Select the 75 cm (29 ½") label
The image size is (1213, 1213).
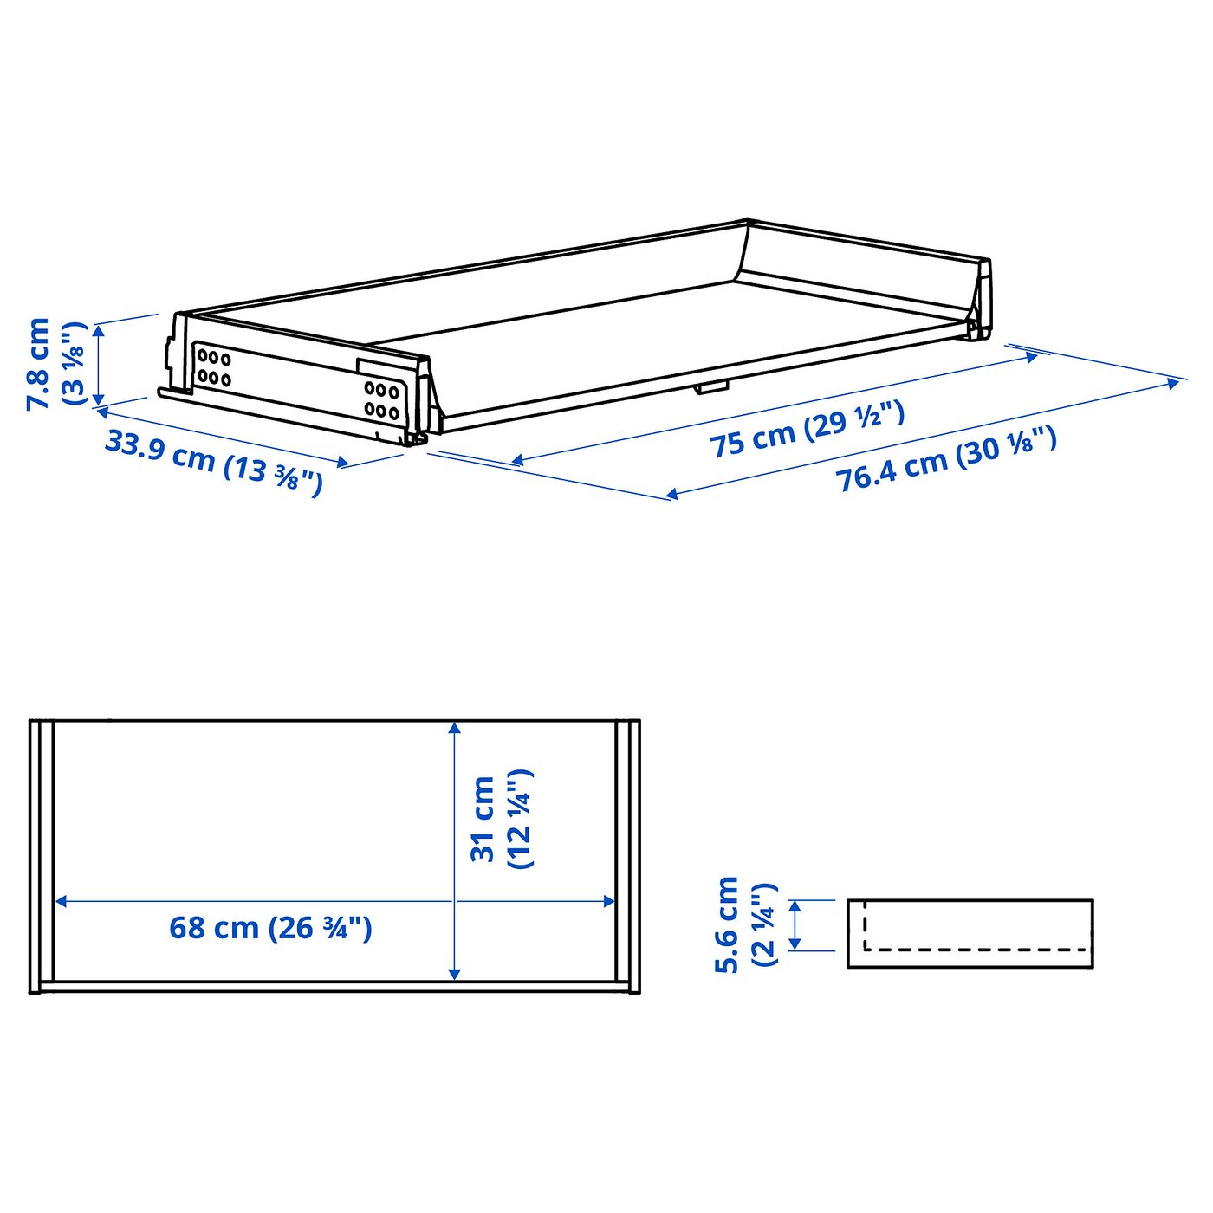(x=807, y=429)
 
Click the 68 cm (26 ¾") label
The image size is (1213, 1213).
(x=270, y=928)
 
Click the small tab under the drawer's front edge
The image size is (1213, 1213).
(x=710, y=387)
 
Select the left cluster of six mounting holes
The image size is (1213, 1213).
(x=213, y=368)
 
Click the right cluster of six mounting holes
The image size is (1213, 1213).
(x=381, y=400)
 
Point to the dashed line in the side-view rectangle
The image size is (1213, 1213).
(x=975, y=949)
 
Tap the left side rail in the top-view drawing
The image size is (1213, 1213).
(x=42, y=855)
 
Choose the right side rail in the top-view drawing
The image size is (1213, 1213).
(x=627, y=855)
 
